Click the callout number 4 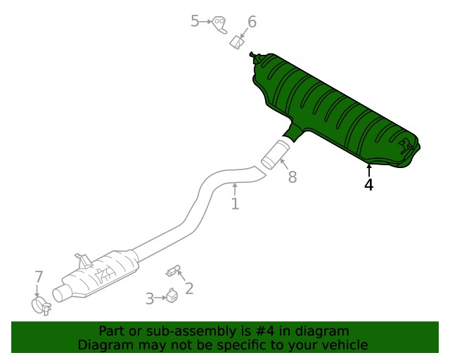(368, 185)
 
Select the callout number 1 (235, 204)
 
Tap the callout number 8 (292, 176)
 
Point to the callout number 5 (195, 22)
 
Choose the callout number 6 (251, 22)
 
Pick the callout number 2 (188, 288)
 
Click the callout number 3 (150, 299)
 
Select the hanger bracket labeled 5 (219, 25)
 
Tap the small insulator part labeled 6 (237, 44)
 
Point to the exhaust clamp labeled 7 (41, 305)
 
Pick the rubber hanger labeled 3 (170, 297)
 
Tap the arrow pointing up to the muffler (368, 169)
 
